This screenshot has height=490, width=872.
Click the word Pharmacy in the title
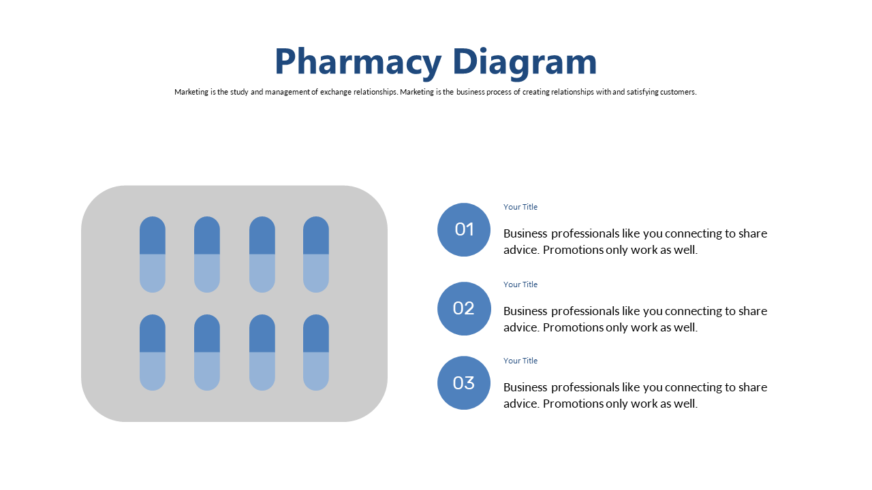pos(358,62)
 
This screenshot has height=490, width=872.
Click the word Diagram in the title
pos(525,62)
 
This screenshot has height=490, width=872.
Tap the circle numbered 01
pos(464,229)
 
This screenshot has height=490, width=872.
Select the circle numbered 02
pos(464,308)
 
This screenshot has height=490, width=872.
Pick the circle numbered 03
pos(464,382)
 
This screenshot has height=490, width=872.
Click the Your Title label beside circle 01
pos(520,207)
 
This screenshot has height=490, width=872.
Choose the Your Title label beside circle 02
pos(520,284)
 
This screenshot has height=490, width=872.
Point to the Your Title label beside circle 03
pos(520,361)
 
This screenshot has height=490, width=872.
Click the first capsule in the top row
pos(153,255)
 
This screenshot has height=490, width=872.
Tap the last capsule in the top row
pos(316,255)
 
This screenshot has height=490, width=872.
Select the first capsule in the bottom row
pos(153,353)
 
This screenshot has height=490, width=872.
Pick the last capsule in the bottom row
pos(316,353)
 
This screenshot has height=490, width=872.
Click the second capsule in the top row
pos(207,255)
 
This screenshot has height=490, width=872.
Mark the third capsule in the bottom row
pos(262,353)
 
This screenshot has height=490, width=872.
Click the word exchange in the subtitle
pos(336,92)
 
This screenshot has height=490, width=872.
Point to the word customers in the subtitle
pos(678,92)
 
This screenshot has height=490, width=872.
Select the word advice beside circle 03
pos(522,404)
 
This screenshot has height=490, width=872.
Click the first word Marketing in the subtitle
pos(191,92)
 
